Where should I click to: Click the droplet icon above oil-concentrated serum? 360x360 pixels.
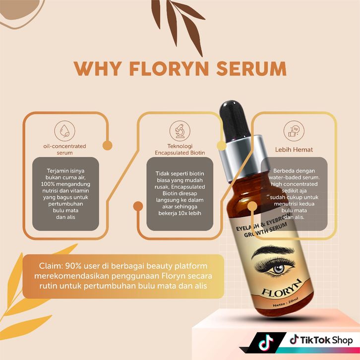[64, 131]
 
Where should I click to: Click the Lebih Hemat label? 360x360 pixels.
[294, 149]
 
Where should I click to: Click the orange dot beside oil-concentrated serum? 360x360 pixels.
[106, 146]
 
